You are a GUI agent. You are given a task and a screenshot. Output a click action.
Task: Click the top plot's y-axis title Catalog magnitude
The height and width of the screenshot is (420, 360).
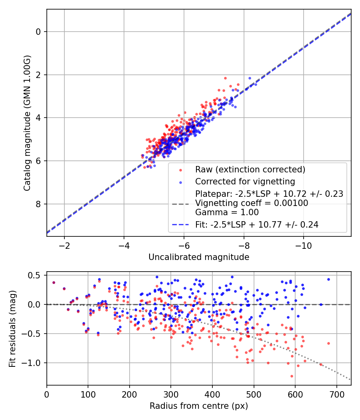pyautogui.click(x=27, y=122)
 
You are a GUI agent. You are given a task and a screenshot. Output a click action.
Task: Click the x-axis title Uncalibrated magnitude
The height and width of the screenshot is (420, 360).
pyautogui.click(x=199, y=257)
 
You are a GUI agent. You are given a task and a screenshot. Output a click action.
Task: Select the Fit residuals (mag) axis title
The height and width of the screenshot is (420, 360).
pyautogui.click(x=13, y=328)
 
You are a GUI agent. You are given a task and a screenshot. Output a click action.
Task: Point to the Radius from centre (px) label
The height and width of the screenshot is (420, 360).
pyautogui.click(x=199, y=406)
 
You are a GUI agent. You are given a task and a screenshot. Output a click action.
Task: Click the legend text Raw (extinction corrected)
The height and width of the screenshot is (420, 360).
pyautogui.click(x=250, y=170)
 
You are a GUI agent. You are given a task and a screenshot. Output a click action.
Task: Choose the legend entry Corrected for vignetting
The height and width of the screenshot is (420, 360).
pyautogui.click(x=245, y=182)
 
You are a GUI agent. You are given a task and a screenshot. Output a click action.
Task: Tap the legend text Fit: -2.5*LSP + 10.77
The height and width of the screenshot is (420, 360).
pyautogui.click(x=257, y=225)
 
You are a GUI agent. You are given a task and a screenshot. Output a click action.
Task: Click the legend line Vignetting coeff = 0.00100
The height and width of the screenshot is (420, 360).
pyautogui.click(x=252, y=203)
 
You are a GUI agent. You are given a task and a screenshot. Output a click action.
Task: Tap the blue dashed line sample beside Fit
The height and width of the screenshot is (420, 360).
pyautogui.click(x=180, y=225)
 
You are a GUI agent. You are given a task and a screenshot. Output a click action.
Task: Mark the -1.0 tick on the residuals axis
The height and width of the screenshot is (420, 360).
pyautogui.click(x=33, y=363)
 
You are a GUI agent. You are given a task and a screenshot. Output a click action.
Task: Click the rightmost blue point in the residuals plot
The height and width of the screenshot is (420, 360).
pyautogui.click(x=328, y=279)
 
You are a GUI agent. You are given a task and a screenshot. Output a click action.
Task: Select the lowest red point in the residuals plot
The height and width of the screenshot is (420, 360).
pyautogui.click(x=292, y=376)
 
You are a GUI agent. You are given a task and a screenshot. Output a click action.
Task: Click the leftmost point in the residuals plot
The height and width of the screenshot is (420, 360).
pyautogui.click(x=54, y=282)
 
